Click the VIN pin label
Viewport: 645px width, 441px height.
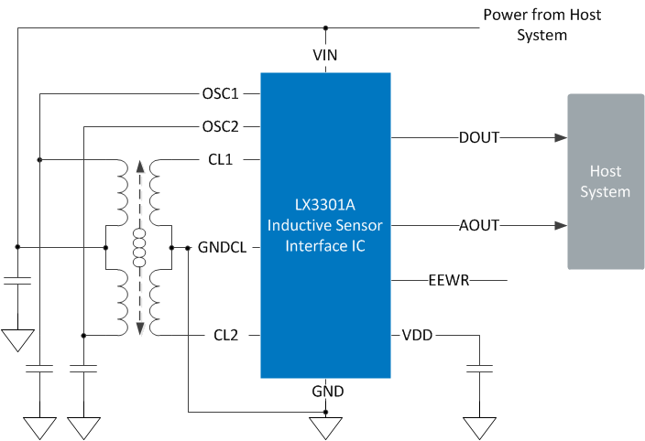(325, 55)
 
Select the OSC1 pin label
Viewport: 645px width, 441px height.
(220, 93)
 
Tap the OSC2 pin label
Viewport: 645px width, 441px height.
(220, 126)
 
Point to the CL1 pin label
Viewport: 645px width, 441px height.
(221, 159)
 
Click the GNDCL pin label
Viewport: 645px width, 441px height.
(222, 247)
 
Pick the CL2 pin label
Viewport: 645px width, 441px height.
(225, 335)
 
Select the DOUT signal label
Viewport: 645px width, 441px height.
(479, 137)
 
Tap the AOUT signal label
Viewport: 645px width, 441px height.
(479, 225)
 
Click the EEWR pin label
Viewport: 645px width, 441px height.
(449, 281)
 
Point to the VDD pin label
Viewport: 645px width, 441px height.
(417, 335)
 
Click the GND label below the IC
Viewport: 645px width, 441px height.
(328, 392)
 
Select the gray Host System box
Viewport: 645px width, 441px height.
(606, 181)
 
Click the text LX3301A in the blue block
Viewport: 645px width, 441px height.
(325, 204)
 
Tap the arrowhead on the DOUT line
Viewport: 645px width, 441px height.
(561, 137)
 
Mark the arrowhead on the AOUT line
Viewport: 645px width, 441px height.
(561, 225)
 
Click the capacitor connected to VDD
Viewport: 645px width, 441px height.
(480, 369)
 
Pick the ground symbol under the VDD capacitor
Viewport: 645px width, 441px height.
(480, 428)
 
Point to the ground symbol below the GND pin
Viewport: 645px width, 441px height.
(325, 428)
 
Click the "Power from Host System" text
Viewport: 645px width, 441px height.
(541, 25)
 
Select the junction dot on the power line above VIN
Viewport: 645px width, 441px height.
(325, 28)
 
